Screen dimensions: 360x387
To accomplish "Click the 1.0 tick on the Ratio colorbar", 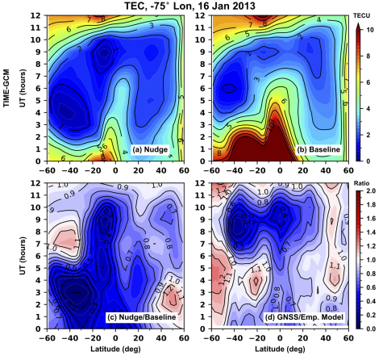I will pyautogui.click(x=372, y=262).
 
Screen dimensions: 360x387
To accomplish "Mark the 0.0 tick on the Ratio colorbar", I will pyautogui.click(x=372, y=329).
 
